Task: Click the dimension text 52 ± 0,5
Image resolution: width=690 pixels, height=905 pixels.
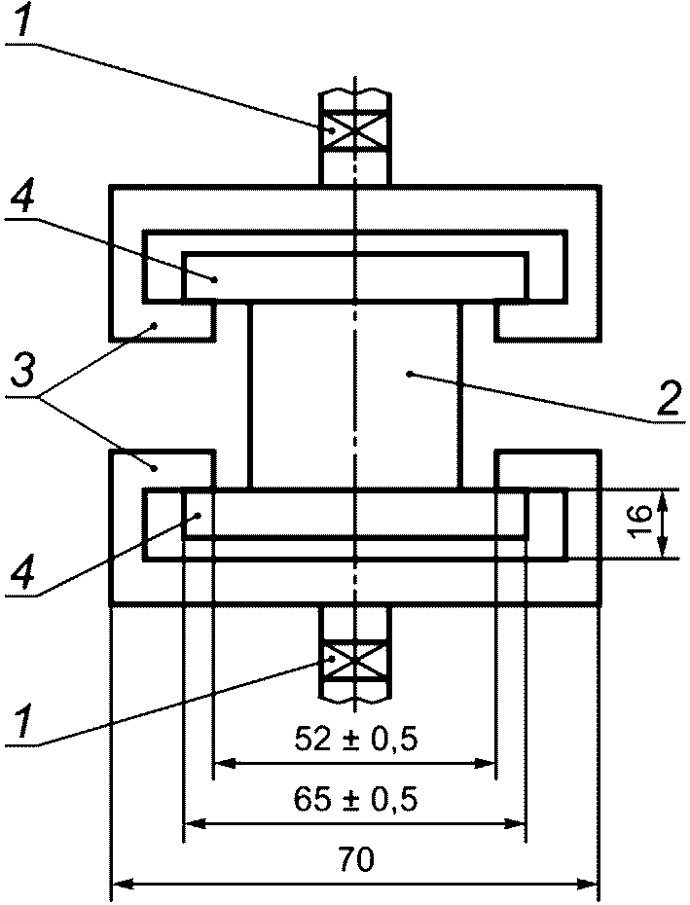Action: pos(355,740)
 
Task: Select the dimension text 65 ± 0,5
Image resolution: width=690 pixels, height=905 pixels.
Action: pos(355,799)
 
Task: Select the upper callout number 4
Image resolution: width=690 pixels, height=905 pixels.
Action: pos(23,197)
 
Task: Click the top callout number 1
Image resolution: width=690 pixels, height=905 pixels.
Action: pos(22,19)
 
